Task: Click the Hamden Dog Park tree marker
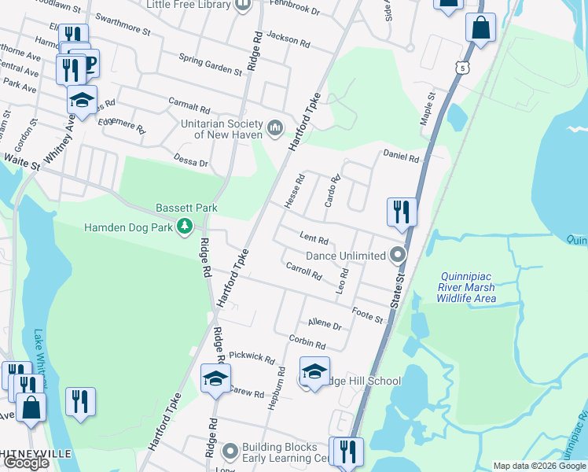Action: (x=185, y=227)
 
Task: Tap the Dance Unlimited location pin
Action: (x=399, y=255)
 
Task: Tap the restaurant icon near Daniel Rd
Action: (x=401, y=212)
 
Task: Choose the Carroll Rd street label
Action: (x=304, y=272)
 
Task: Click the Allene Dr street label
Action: (x=325, y=324)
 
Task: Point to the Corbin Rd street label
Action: (x=307, y=343)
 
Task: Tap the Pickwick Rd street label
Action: (x=253, y=360)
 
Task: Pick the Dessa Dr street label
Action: (x=192, y=164)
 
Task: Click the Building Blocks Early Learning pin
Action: (x=230, y=452)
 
